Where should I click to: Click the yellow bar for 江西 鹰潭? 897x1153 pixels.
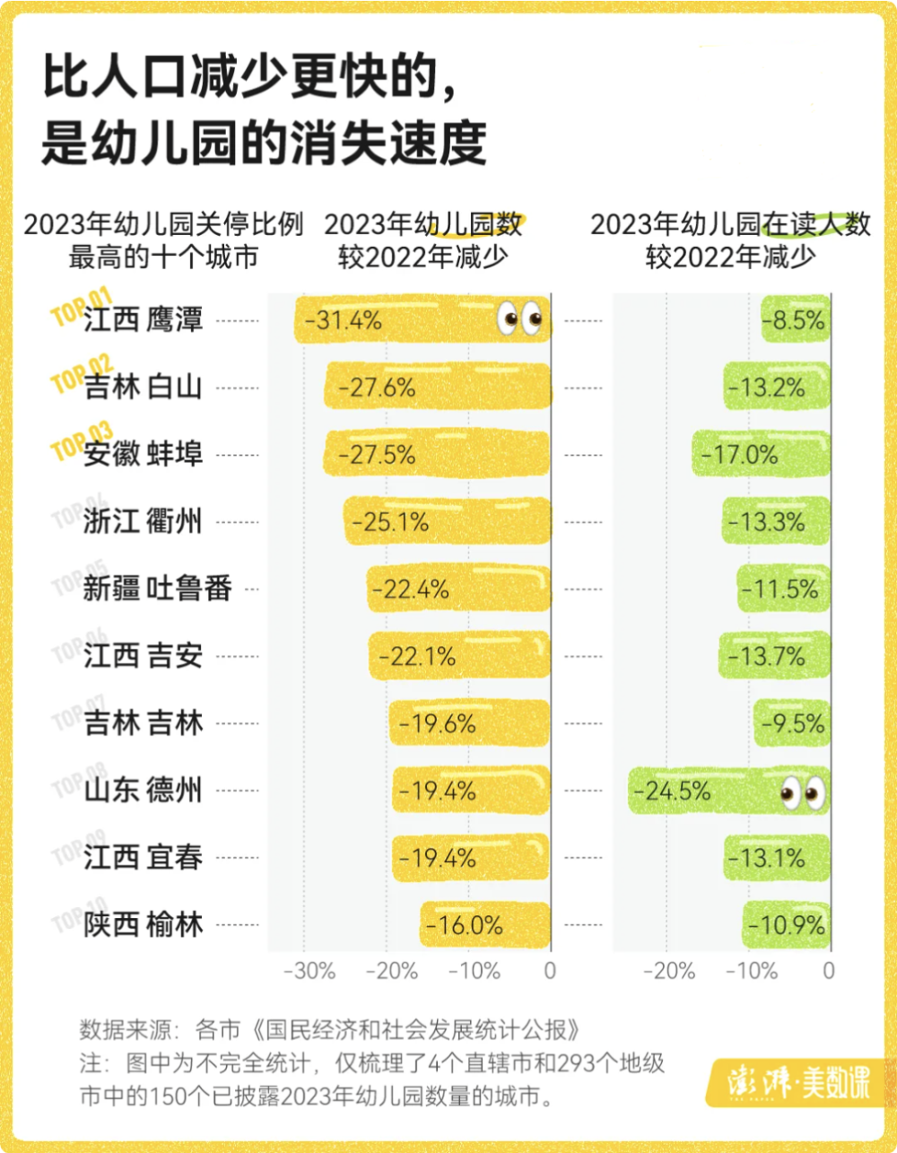pos(422,319)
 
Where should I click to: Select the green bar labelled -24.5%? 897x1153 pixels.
pos(727,791)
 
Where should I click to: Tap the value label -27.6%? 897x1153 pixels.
pos(377,388)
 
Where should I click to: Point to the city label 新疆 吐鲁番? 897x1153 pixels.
pos(157,589)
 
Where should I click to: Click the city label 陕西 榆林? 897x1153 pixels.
pos(144,924)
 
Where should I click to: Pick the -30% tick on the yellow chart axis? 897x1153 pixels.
pos(309,971)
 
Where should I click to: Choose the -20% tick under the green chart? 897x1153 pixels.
pos(669,971)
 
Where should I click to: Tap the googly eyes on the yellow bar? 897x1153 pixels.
pos(520,319)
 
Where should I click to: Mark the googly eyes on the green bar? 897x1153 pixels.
pos(802,791)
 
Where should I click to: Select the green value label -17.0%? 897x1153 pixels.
pos(739,455)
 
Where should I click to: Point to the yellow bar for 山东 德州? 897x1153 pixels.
pos(471,791)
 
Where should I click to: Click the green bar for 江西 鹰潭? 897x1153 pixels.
pos(795,319)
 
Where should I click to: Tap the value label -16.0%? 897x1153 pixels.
pos(465,925)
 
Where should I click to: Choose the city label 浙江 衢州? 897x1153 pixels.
pos(144,521)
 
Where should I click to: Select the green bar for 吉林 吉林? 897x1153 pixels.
pos(791,723)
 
